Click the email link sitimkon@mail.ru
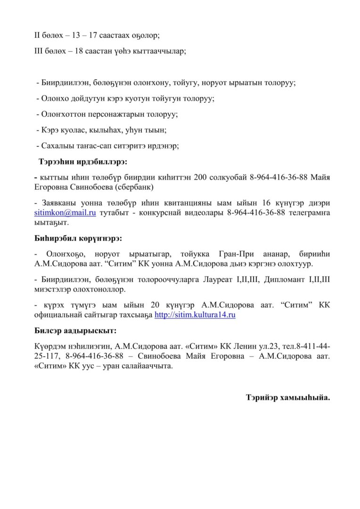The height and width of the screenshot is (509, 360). pos(65,213)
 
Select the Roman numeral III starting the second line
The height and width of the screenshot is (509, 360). pos(41,50)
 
